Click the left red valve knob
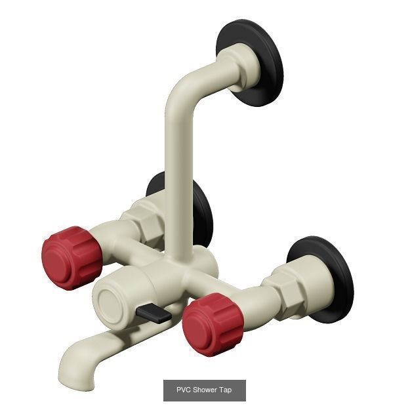tap(71, 257)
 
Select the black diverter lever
tap(154, 314)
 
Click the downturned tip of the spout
tap(70, 374)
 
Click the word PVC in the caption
tap(184, 390)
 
